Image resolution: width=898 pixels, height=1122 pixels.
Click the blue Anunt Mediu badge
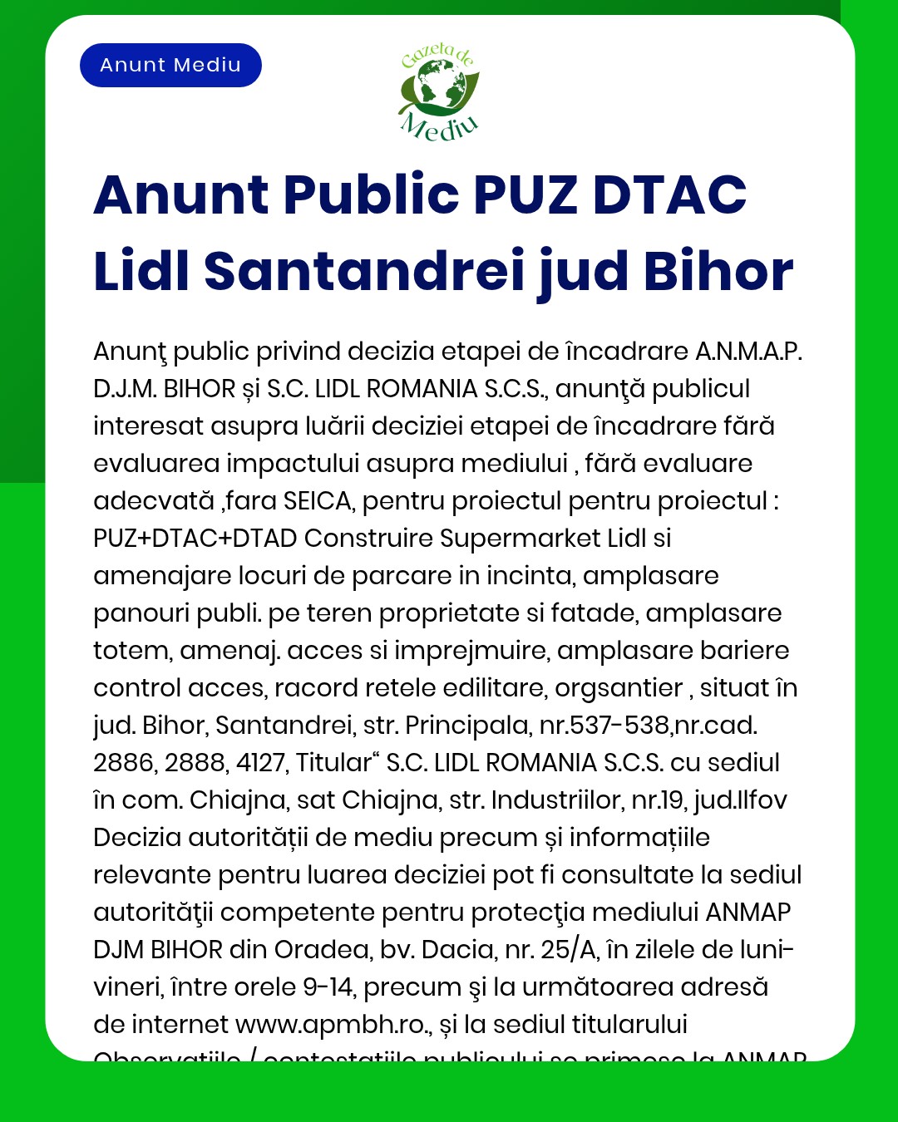170,66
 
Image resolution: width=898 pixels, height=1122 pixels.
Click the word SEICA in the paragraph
318,501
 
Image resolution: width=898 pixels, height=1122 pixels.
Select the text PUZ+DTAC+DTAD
195,539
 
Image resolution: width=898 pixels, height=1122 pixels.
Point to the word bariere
745,651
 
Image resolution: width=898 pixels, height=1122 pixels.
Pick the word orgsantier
619,688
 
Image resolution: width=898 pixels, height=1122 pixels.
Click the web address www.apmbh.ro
330,1025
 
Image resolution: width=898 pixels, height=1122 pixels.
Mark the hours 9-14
328,987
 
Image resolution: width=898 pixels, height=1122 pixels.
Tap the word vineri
127,987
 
